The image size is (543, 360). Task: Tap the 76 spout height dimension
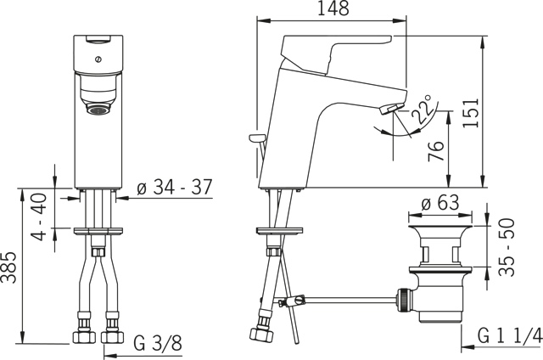point(435,153)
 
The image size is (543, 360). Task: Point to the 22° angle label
point(422,111)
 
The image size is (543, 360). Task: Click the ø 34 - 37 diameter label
point(175,188)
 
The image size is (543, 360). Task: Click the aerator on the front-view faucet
point(100,110)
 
